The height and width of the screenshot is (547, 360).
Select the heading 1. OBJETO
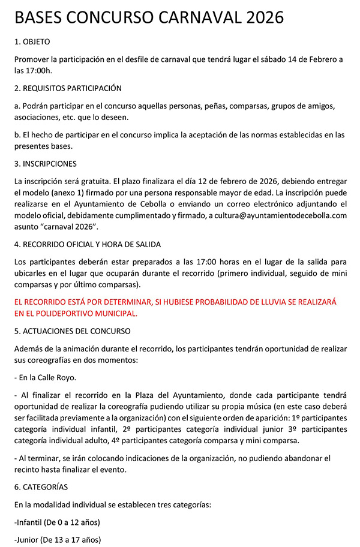(32, 43)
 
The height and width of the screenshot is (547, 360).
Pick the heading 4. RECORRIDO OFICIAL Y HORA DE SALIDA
(87, 244)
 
